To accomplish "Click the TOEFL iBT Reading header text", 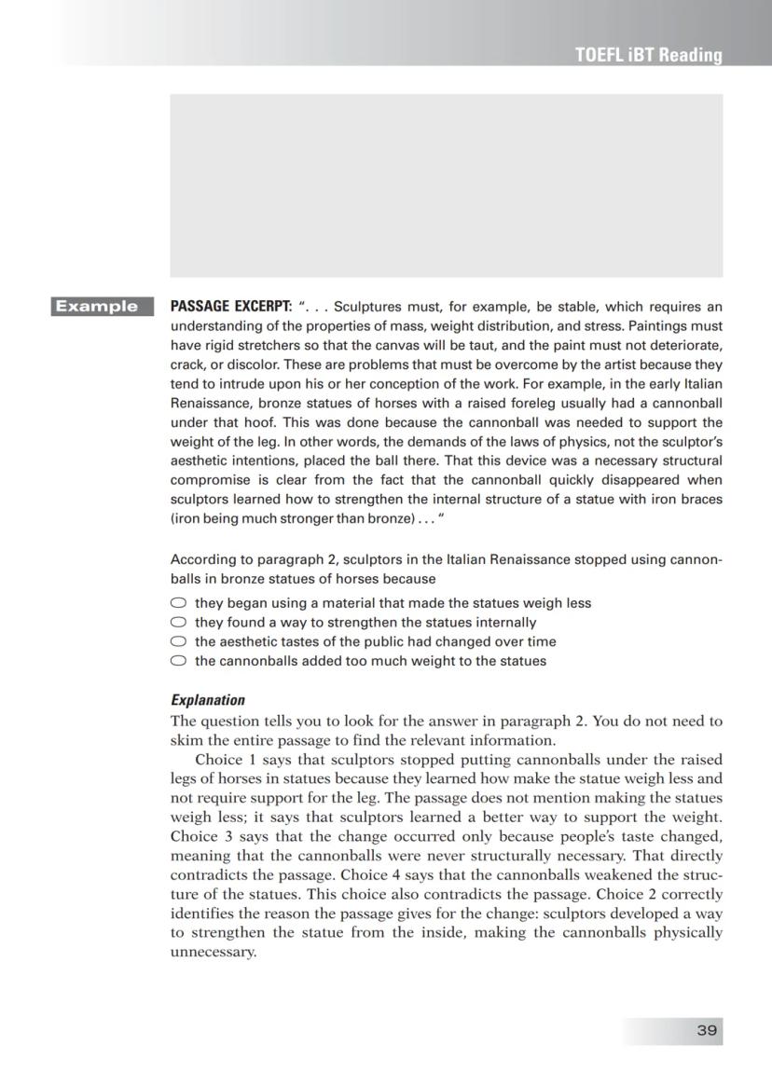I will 648,55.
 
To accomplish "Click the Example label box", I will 102,306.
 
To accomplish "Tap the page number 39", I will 707,1029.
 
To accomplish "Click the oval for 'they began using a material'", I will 178,603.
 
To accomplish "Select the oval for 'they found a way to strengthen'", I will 178,623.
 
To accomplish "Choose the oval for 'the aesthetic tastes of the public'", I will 178,641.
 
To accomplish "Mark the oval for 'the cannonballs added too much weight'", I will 178,661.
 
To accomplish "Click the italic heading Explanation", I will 208,699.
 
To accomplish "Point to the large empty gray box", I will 446,185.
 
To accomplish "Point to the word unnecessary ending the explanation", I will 212,953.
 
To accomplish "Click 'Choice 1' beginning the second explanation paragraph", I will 221,760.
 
